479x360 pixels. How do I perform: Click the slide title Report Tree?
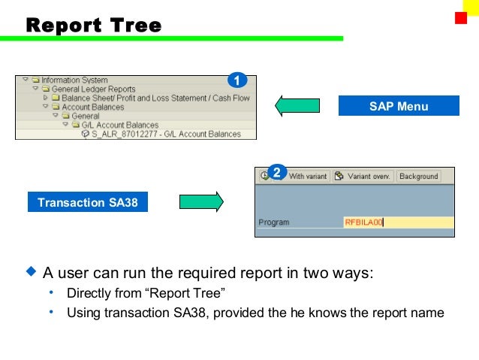[94, 26]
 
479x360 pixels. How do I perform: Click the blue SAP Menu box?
[398, 106]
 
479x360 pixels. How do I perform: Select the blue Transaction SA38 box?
[88, 202]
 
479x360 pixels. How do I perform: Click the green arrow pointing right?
[201, 202]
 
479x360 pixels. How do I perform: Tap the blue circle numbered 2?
[276, 173]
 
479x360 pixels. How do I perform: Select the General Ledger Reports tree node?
[93, 89]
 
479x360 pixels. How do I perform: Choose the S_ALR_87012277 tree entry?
[165, 135]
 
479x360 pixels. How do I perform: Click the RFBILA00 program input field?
[398, 222]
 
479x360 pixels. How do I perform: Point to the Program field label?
[273, 222]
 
